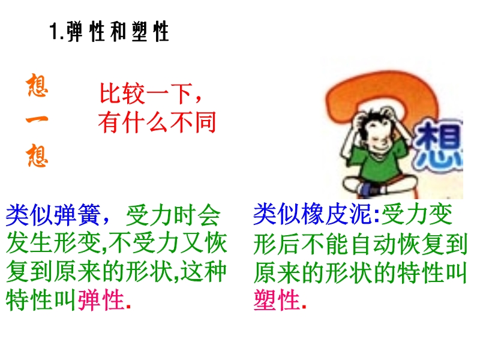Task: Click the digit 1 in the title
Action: (54, 31)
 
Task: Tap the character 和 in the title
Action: (118, 31)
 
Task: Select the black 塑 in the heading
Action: (140, 31)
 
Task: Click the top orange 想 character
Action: (37, 85)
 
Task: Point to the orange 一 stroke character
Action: (37, 119)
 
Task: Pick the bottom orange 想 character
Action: (37, 155)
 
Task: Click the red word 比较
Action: (122, 93)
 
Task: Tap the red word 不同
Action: (193, 122)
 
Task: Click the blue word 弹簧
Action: (77, 215)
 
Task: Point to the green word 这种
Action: (203, 271)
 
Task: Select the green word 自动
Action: (373, 244)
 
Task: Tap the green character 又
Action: (191, 243)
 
